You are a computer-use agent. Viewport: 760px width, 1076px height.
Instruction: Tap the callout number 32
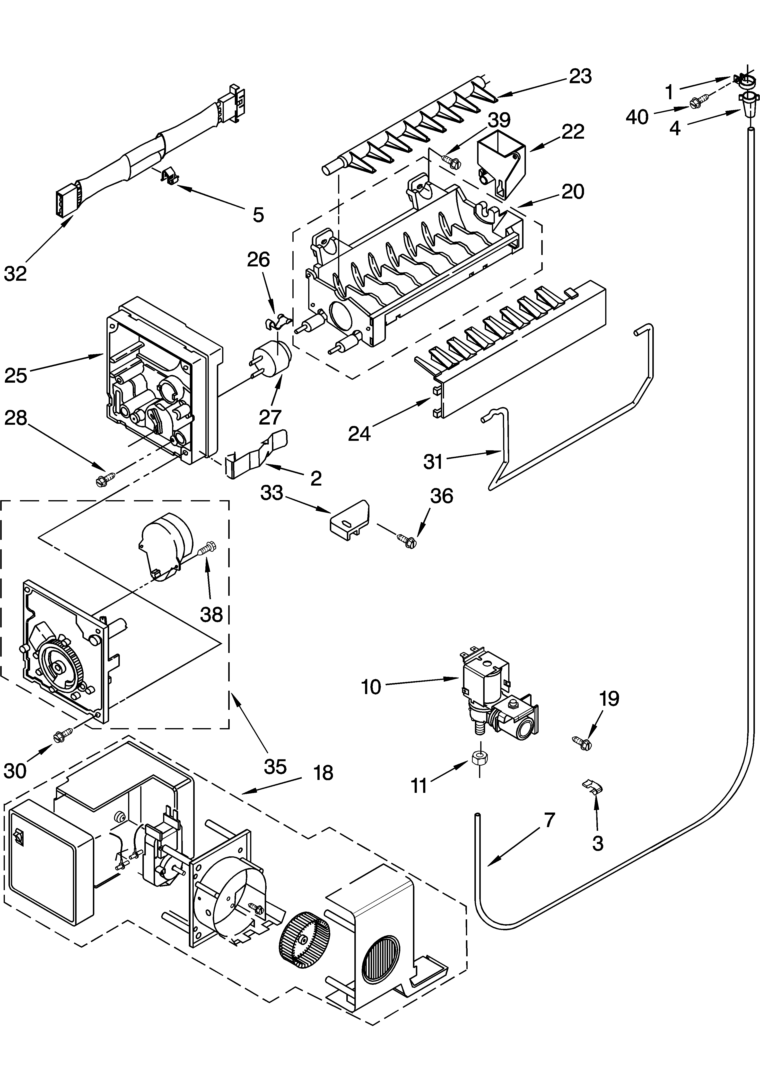pyautogui.click(x=16, y=273)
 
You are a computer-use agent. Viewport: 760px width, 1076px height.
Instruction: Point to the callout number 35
pyautogui.click(x=275, y=767)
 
